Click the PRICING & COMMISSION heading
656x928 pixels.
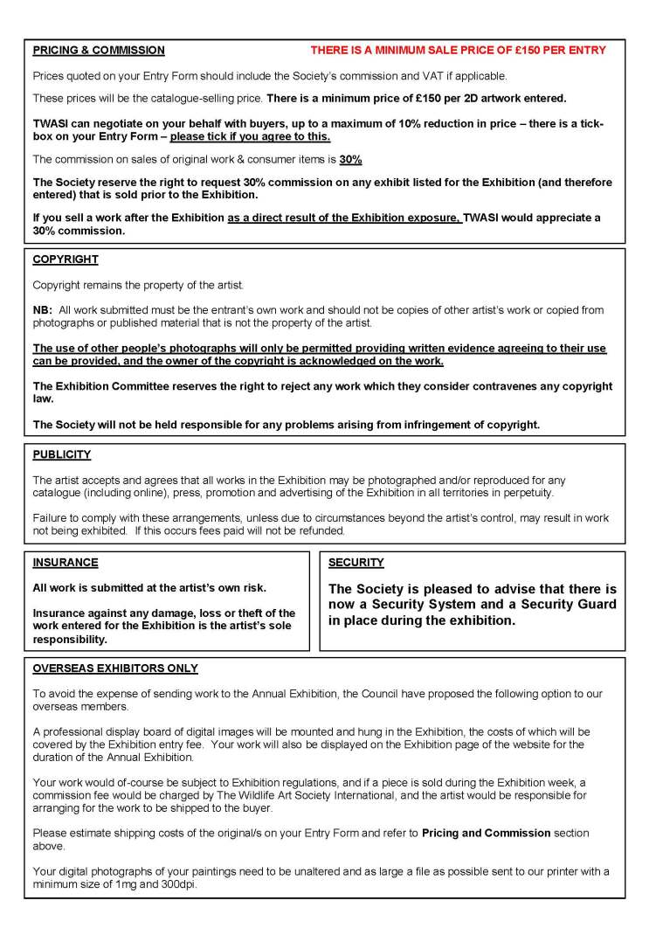pos(99,51)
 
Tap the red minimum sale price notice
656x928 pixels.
pos(458,51)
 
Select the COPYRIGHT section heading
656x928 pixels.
pos(66,260)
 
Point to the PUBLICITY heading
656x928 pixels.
pos(62,454)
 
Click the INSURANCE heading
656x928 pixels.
pos(66,563)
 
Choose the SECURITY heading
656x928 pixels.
pos(356,563)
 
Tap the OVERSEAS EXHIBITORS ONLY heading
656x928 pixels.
pos(115,668)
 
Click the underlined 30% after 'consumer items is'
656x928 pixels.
pos(351,159)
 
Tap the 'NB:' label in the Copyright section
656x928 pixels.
pos(43,310)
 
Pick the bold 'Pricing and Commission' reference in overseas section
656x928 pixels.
pos(486,833)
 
